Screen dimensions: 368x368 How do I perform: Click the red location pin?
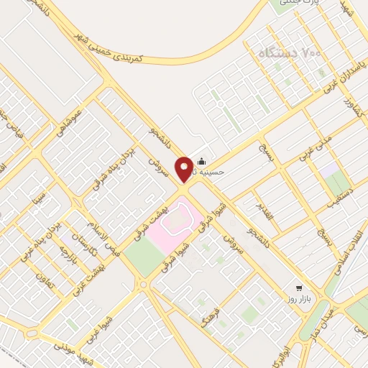pyautogui.click(x=185, y=168)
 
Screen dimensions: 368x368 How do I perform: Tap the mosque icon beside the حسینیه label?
pyautogui.click(x=201, y=162)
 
